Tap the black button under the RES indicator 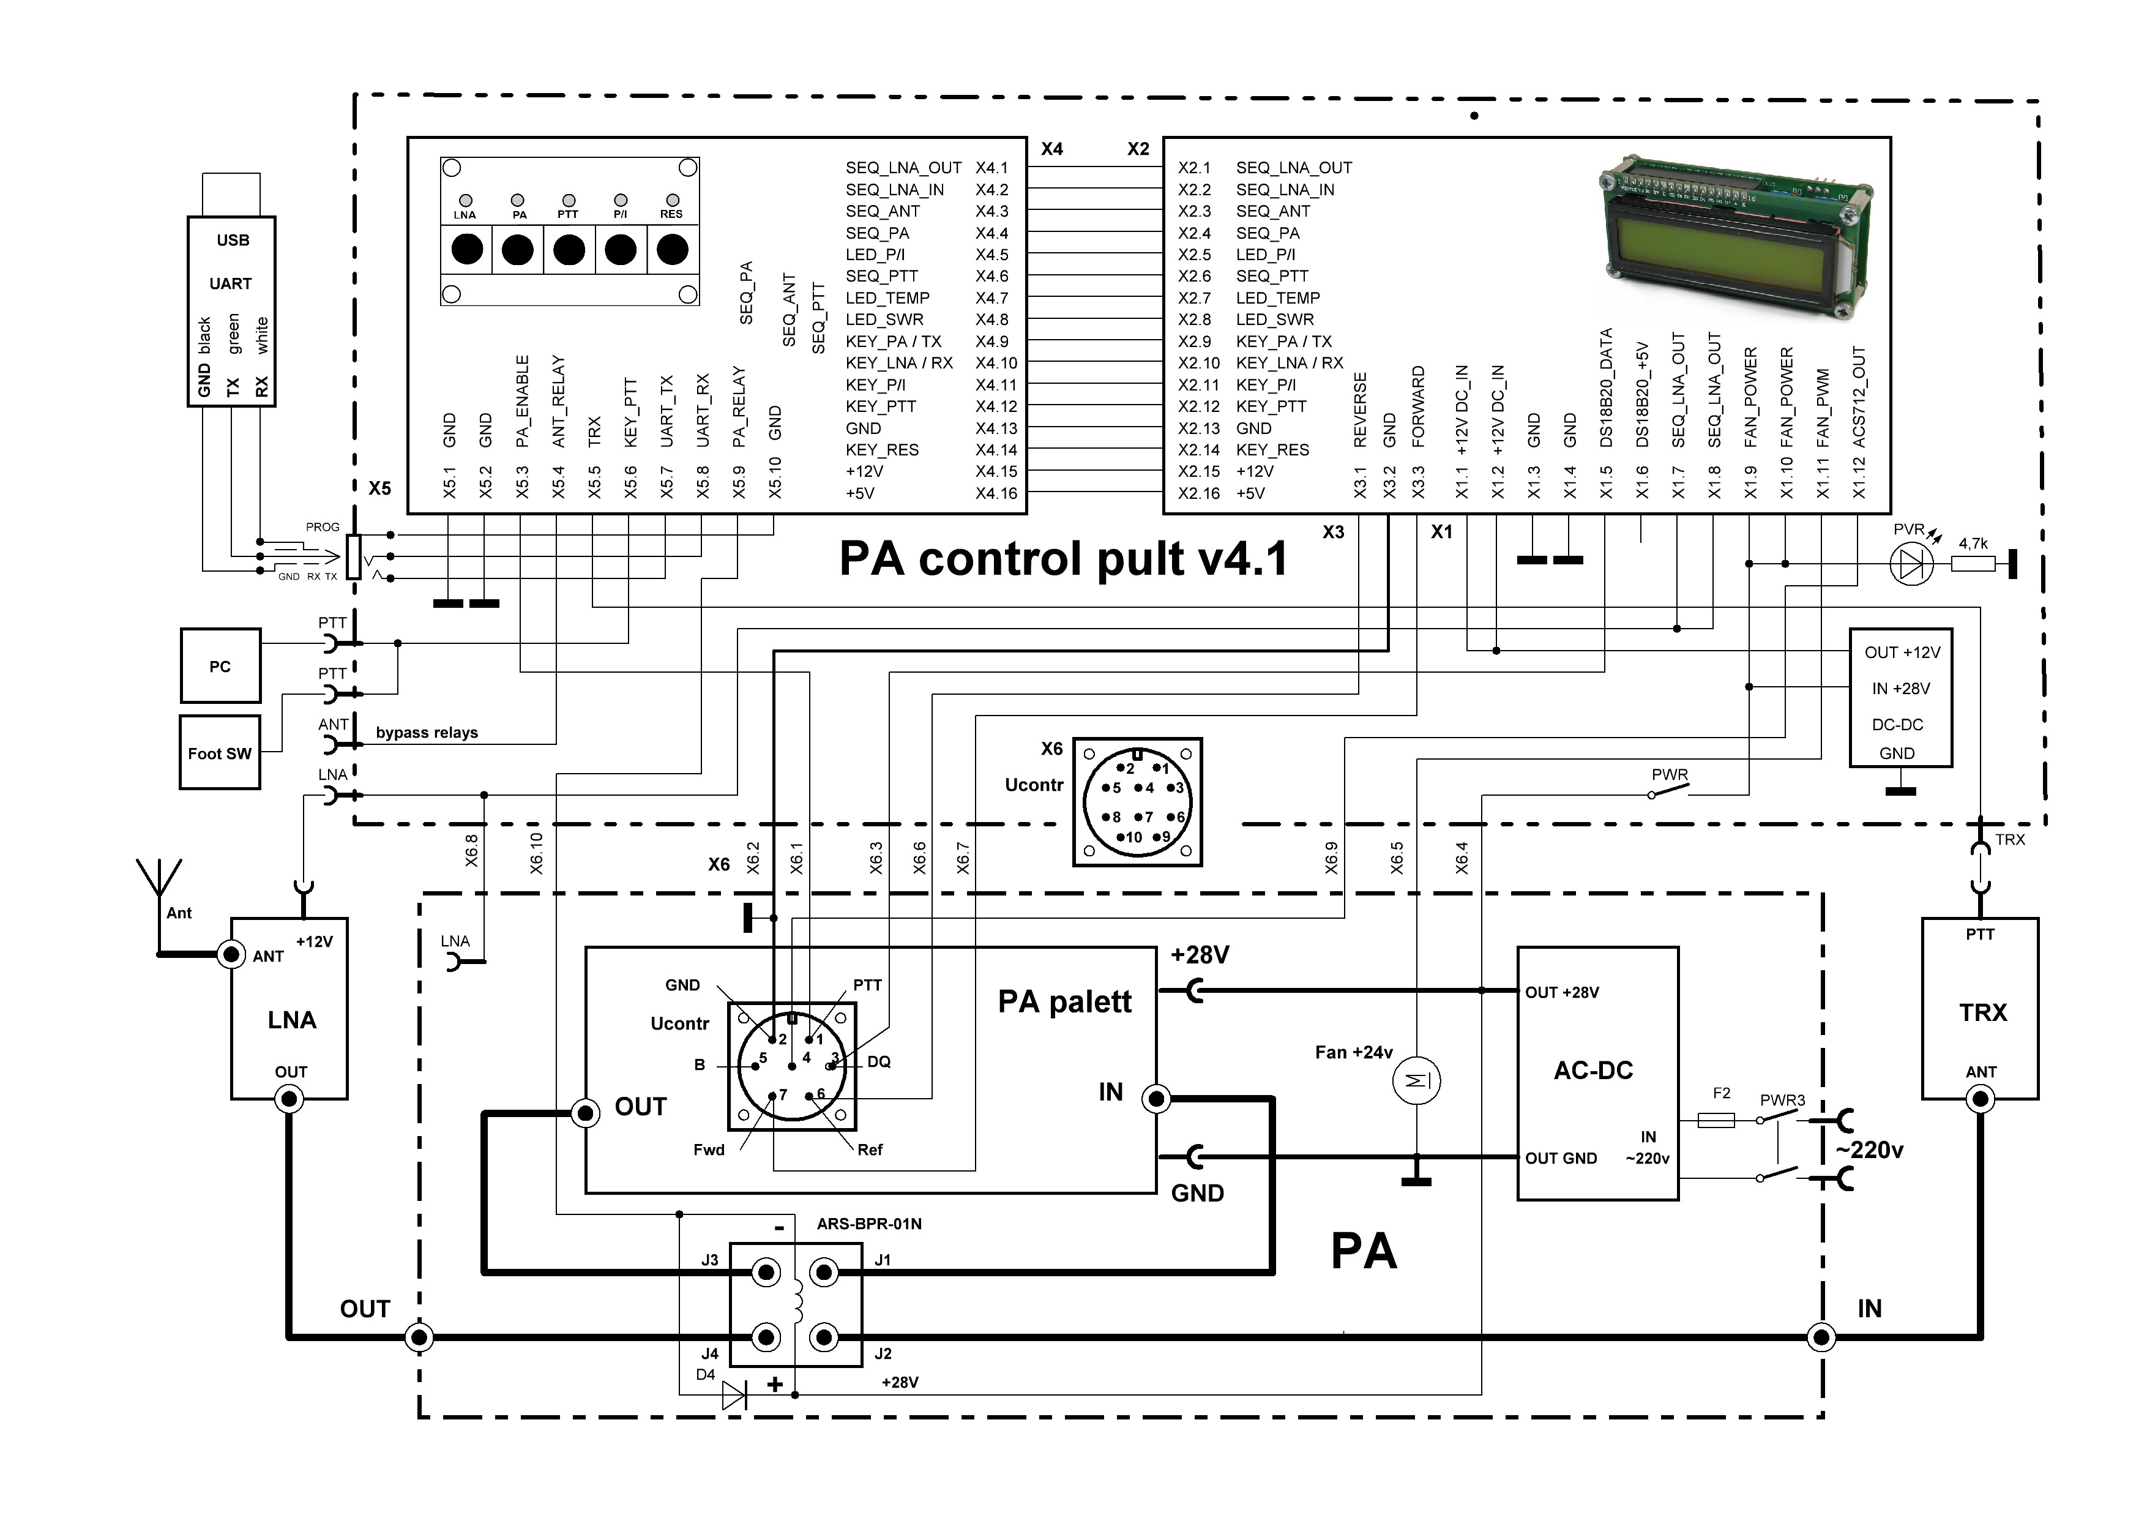click(x=673, y=250)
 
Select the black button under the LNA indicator click(x=466, y=250)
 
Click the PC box click(x=220, y=666)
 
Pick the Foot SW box click(x=220, y=753)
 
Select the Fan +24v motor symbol click(x=1417, y=1081)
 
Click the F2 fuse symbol click(x=1716, y=1120)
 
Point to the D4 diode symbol click(x=734, y=1396)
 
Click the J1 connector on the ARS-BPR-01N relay click(x=824, y=1272)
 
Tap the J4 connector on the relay click(x=767, y=1337)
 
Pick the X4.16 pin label click(x=996, y=493)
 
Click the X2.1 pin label click(x=1194, y=168)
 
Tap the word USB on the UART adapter click(x=233, y=241)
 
